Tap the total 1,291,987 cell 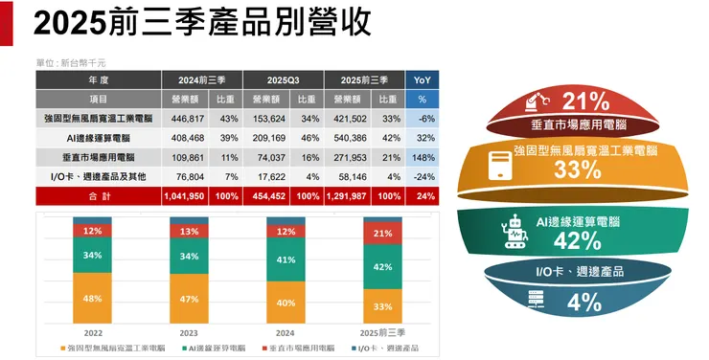tap(352, 196)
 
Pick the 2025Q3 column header tap(283, 79)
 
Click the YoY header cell tap(422, 79)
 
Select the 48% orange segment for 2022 tap(93, 299)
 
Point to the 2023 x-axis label tap(189, 331)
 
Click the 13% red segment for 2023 tap(189, 232)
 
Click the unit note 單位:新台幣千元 tap(72, 62)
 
